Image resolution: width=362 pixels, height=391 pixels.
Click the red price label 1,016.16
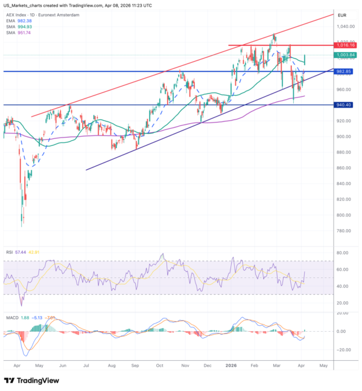coord(348,45)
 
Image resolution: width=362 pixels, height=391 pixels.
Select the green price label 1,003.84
coord(348,54)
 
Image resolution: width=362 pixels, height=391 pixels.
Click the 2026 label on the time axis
coord(231,366)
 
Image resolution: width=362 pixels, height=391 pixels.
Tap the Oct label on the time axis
coord(160,366)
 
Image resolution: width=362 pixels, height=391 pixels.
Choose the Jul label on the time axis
coord(87,366)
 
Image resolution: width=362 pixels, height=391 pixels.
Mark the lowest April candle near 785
coord(22,224)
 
